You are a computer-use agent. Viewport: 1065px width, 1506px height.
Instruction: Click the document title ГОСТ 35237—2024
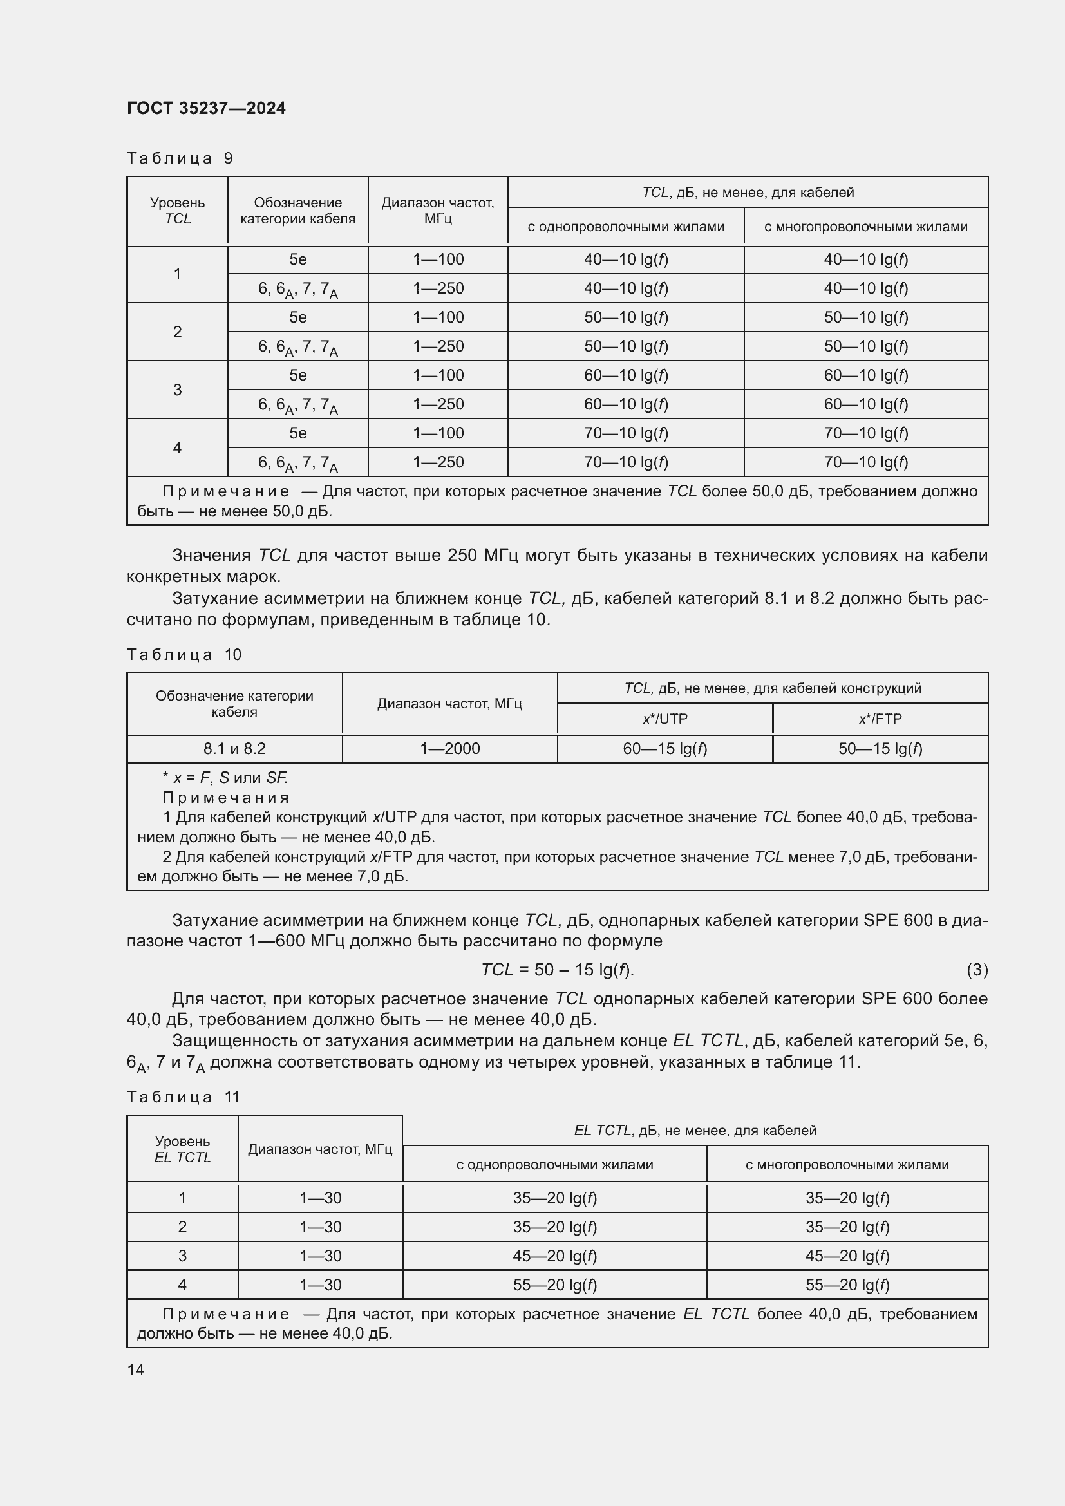(x=206, y=108)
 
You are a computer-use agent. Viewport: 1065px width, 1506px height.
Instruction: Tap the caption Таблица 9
(x=180, y=158)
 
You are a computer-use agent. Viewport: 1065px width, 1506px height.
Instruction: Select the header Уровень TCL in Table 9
(x=177, y=211)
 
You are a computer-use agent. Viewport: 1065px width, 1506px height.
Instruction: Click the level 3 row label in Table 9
(x=177, y=390)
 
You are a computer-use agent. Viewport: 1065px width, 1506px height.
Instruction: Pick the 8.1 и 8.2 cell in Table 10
(x=234, y=748)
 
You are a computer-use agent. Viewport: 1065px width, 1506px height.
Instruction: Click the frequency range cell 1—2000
(x=449, y=748)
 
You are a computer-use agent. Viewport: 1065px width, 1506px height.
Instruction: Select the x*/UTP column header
(x=664, y=719)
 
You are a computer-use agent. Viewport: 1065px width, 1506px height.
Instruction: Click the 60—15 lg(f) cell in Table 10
(x=664, y=748)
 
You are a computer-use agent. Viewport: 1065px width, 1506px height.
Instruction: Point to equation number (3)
(x=977, y=970)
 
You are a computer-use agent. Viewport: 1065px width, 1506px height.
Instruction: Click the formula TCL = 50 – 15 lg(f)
(x=557, y=970)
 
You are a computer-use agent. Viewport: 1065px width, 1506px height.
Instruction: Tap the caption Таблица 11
(x=183, y=1097)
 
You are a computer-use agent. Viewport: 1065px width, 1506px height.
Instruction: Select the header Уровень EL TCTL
(x=182, y=1149)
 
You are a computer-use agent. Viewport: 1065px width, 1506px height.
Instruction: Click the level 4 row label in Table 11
(x=182, y=1285)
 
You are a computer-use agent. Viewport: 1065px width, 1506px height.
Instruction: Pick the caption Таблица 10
(x=184, y=655)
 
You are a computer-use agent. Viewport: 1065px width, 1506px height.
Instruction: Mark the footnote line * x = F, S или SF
(x=225, y=778)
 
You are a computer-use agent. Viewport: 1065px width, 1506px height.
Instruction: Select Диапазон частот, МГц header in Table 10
(x=449, y=704)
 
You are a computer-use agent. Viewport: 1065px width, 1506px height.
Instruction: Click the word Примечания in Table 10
(x=225, y=798)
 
